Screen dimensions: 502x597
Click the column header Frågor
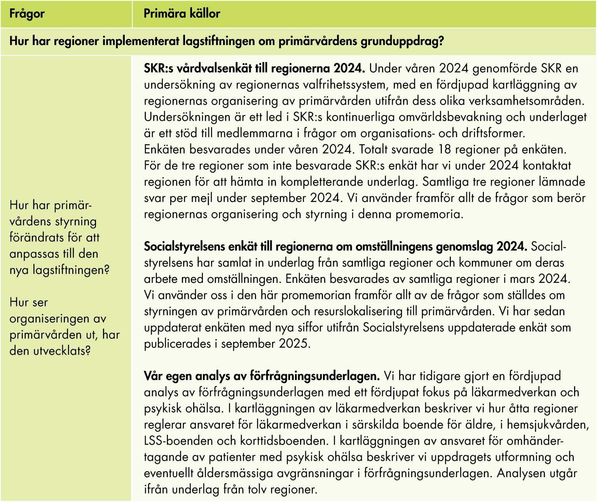click(x=27, y=14)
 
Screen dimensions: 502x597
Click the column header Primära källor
click(x=182, y=14)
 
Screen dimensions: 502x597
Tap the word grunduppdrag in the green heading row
click(x=402, y=41)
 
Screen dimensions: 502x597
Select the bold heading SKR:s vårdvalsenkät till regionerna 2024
click(x=255, y=68)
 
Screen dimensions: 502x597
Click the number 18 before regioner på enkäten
click(x=445, y=150)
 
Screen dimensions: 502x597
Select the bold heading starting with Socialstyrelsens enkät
click(x=335, y=246)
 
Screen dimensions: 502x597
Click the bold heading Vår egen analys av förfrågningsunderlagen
click(x=262, y=376)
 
